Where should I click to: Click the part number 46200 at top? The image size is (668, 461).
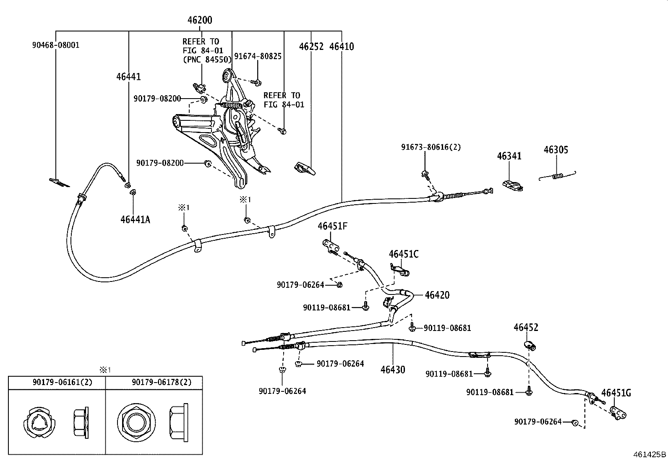tap(199, 20)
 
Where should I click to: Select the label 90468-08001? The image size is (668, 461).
tap(55, 45)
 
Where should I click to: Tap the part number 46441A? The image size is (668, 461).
tap(135, 219)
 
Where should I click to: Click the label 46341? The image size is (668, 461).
tap(509, 156)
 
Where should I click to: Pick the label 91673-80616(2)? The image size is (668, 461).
tap(431, 147)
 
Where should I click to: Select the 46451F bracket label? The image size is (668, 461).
tap(332, 227)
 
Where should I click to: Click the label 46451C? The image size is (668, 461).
tap(403, 254)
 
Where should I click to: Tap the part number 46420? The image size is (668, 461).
tap(437, 295)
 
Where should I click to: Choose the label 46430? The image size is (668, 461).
tap(393, 370)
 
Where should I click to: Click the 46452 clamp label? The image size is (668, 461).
tap(526, 327)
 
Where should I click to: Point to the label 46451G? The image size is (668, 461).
tap(616, 393)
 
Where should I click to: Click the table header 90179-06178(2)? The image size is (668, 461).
tap(161, 382)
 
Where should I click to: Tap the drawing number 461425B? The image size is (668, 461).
tap(650, 454)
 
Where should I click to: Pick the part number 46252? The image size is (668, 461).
tap(311, 47)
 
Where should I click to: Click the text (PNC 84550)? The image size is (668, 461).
tap(207, 59)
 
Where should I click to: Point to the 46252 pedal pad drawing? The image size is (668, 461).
tap(305, 168)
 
